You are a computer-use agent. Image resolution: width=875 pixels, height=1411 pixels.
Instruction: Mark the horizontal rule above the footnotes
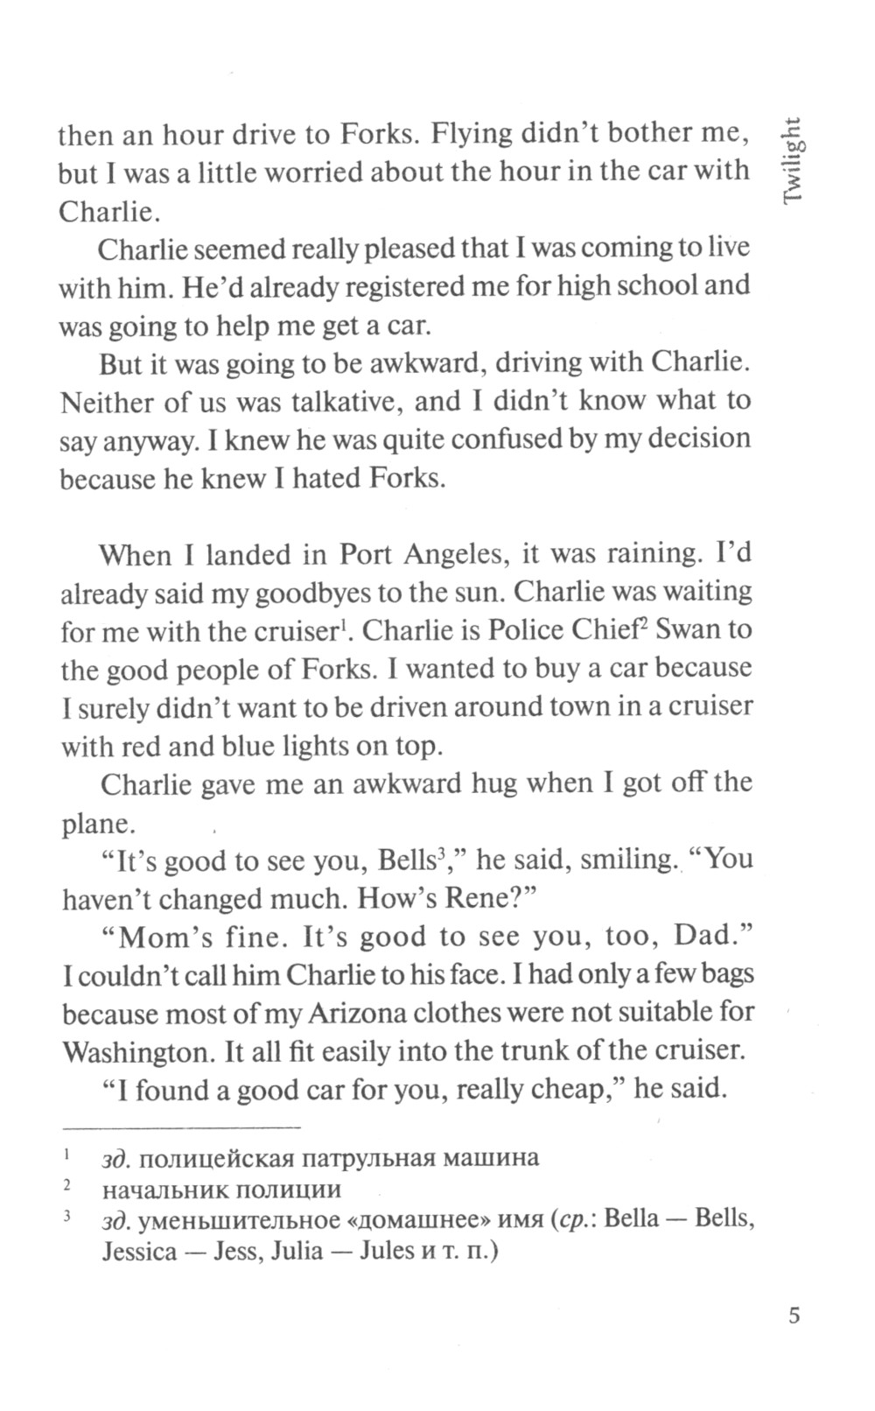[180, 1126]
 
